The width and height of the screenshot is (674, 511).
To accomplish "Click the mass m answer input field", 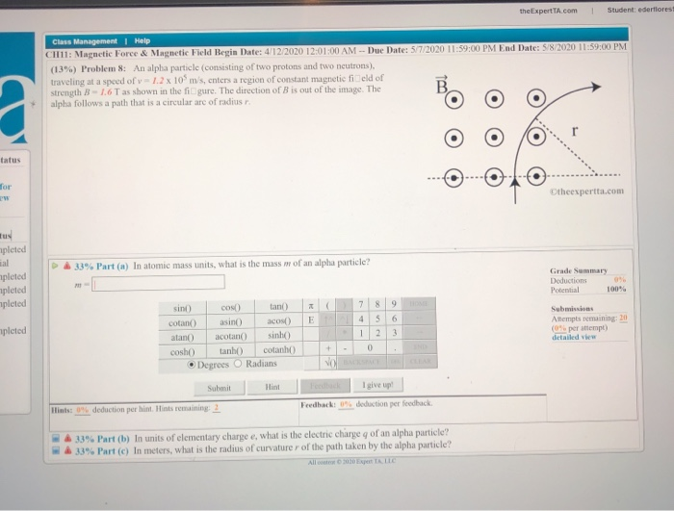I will point(159,282).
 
